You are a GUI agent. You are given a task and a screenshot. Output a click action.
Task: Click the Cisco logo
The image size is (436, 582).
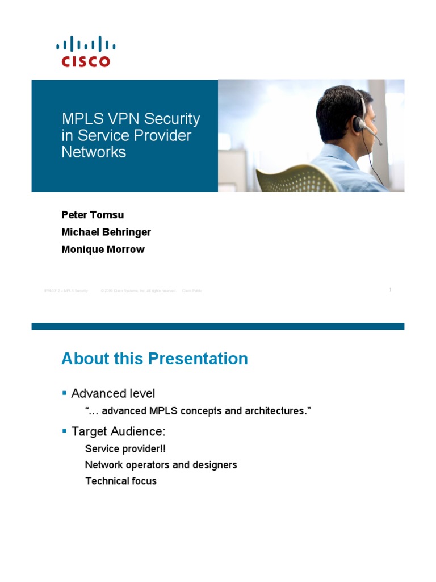click(85, 52)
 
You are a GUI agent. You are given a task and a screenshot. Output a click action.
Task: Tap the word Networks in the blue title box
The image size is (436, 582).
click(94, 152)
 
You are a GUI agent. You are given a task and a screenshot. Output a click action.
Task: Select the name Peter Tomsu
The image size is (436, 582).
click(93, 215)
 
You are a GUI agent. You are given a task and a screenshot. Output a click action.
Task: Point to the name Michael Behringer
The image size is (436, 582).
click(106, 232)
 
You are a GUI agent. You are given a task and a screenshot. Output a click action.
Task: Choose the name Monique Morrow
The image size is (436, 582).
click(103, 249)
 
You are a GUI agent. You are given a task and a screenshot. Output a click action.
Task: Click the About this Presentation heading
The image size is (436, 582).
click(154, 359)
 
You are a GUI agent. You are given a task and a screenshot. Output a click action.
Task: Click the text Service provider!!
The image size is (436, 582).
click(125, 448)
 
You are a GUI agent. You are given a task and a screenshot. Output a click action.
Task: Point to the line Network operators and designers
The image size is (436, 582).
click(161, 465)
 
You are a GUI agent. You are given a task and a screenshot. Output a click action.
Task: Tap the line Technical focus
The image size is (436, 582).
click(121, 481)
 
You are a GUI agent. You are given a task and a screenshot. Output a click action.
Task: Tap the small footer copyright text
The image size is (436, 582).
click(139, 290)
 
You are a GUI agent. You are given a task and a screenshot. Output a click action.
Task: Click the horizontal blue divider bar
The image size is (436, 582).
click(218, 326)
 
